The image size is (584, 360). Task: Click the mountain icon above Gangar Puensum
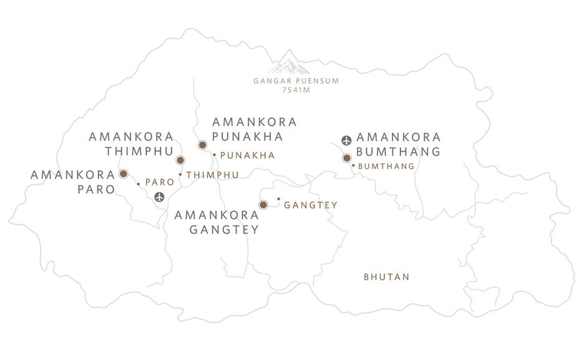289,63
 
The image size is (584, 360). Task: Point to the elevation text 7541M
289,89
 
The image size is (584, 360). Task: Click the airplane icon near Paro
160,197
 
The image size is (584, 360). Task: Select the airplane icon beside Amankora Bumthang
346,140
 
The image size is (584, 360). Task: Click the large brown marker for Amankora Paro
124,173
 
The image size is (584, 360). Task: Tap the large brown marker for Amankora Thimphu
180,160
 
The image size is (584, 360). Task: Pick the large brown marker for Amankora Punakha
202,145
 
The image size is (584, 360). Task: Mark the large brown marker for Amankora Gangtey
263,205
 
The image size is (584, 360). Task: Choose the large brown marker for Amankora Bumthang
346,158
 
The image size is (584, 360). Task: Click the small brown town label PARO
159,183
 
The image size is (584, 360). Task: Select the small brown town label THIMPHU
212,175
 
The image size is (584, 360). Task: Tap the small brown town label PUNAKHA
248,155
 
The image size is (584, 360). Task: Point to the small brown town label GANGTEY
311,205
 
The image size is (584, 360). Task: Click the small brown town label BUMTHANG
387,167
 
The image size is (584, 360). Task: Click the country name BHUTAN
387,276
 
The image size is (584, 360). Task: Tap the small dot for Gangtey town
278,200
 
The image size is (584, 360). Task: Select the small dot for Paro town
138,183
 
